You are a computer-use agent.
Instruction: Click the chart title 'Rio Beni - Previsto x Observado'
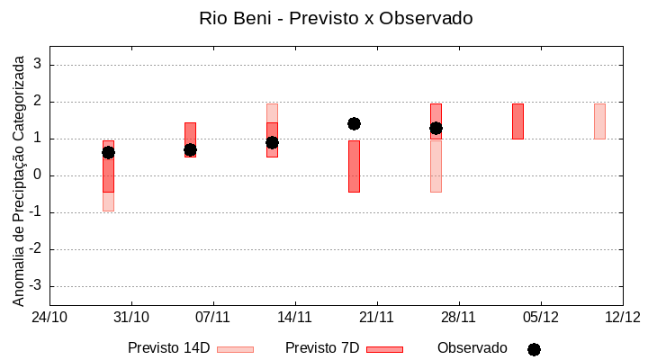coord(336,18)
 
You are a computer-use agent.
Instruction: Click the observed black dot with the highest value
coord(354,123)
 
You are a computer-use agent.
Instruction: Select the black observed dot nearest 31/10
coord(108,152)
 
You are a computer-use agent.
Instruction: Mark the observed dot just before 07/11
coord(190,149)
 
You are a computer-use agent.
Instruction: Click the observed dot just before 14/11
coord(272,142)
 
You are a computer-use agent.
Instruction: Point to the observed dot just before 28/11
coord(436,128)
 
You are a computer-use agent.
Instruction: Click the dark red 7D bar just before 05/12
coord(517,121)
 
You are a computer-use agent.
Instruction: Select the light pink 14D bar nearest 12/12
coord(599,121)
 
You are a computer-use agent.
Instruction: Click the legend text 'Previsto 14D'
coord(168,348)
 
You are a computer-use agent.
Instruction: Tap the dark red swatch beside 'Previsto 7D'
coord(384,349)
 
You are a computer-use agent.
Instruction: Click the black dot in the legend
coord(534,349)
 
